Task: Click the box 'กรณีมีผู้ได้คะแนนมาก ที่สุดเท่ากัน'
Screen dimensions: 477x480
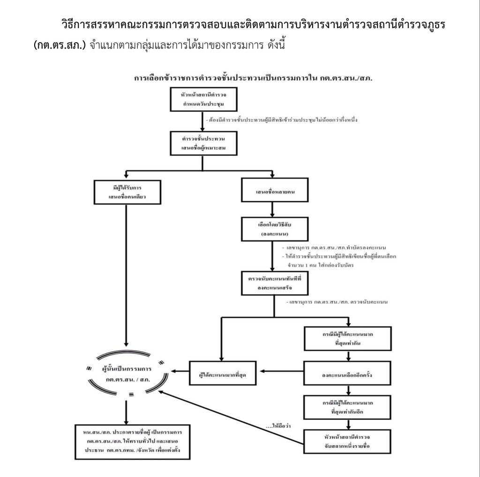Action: (347, 338)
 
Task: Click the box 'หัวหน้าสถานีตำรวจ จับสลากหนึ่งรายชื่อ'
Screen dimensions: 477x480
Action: (347, 441)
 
